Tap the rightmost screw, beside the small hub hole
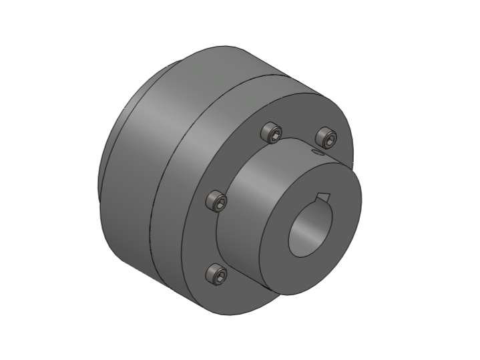tap(326, 138)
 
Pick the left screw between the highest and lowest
tap(216, 201)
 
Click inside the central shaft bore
tap(310, 230)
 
